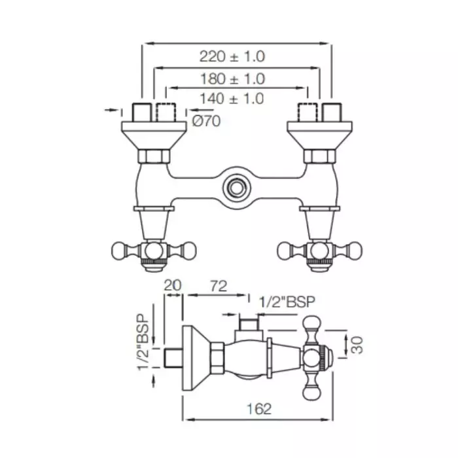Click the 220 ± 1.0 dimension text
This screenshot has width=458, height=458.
(232, 58)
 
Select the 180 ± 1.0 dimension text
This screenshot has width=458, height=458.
(232, 79)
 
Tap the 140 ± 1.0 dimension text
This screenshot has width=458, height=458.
(232, 99)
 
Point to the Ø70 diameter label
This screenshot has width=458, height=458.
(207, 120)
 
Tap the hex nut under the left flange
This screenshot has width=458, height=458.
(156, 156)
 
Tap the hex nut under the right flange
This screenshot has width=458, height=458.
(319, 156)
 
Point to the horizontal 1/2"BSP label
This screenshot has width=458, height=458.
(287, 302)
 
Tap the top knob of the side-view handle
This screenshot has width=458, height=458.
(312, 324)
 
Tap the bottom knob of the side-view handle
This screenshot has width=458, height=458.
(312, 391)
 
